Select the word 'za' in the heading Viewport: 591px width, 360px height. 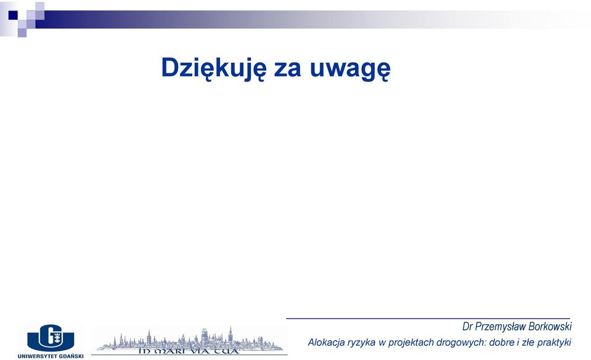(x=288, y=70)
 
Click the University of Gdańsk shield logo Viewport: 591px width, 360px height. (x=51, y=336)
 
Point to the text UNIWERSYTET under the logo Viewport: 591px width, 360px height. (x=37, y=356)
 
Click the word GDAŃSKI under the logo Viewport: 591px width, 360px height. (x=71, y=356)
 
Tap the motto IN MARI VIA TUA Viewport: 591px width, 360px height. (x=189, y=351)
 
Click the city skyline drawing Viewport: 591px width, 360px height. (x=189, y=338)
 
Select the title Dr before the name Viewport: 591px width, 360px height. (x=467, y=327)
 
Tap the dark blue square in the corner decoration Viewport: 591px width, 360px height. (x=13, y=15)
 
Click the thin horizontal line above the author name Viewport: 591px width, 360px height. (x=428, y=319)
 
